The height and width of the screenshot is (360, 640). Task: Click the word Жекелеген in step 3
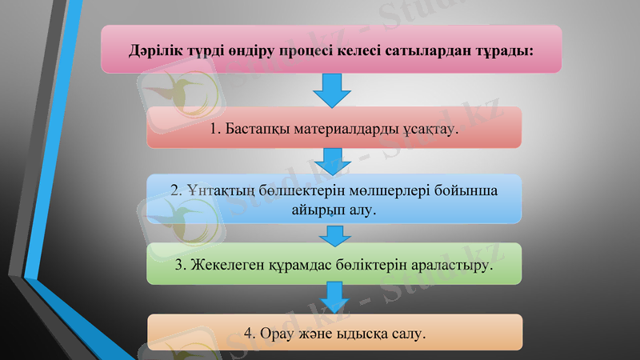(226, 265)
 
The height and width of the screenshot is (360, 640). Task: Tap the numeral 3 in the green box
(179, 265)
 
